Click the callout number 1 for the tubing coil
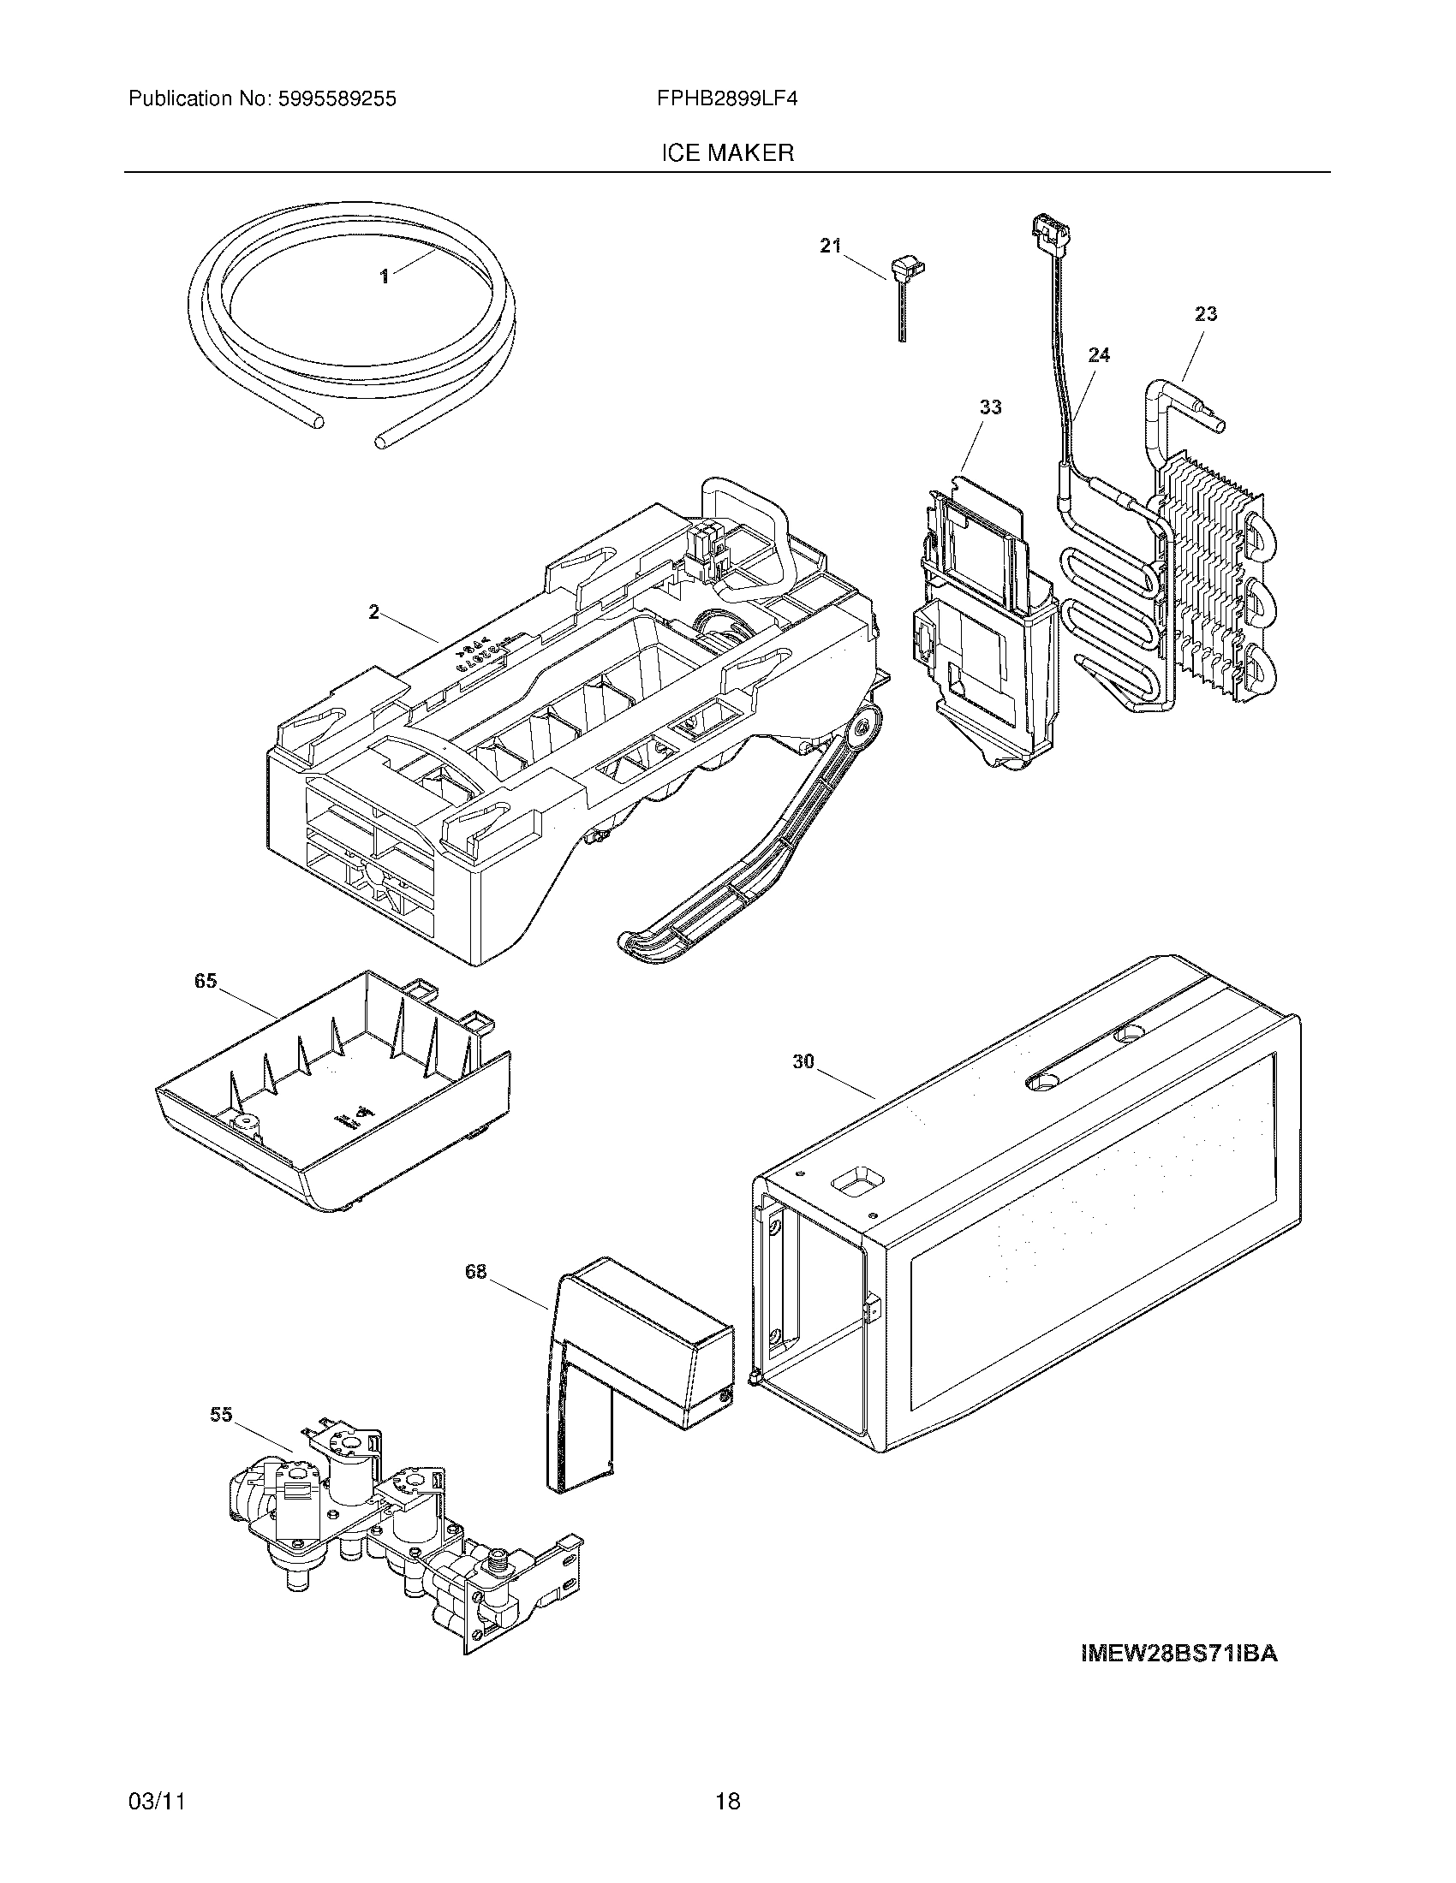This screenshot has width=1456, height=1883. point(385,276)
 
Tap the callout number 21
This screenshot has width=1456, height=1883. point(830,247)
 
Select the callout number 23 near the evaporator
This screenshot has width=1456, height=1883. point(1206,314)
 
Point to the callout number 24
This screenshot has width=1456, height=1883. point(1099,354)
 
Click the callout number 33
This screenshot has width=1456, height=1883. point(990,407)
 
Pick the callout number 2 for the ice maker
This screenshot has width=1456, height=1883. point(373,612)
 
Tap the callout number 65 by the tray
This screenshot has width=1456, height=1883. point(206,981)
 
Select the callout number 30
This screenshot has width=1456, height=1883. point(803,1062)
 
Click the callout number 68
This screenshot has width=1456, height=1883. point(475,1272)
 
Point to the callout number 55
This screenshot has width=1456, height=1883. point(221,1415)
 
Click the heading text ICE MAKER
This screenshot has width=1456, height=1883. point(727,153)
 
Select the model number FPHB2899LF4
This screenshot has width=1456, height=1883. point(727,99)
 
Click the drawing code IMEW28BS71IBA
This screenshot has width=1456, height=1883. point(1179,1654)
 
